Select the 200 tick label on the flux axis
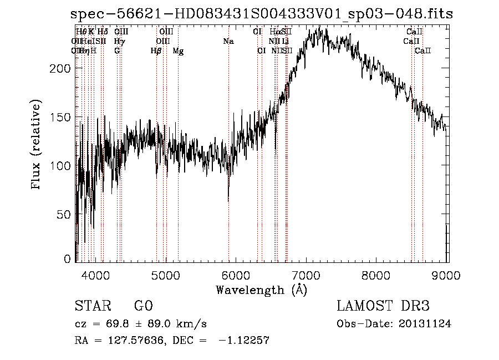(x=63, y=68)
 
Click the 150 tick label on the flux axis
(x=63, y=116)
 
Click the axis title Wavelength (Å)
(x=261, y=290)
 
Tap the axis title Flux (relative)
(x=38, y=146)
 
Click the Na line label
(x=228, y=42)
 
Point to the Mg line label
(x=178, y=51)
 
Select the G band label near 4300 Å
(x=117, y=51)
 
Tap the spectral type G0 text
(x=143, y=306)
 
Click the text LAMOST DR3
(x=383, y=306)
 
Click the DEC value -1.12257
(x=244, y=341)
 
